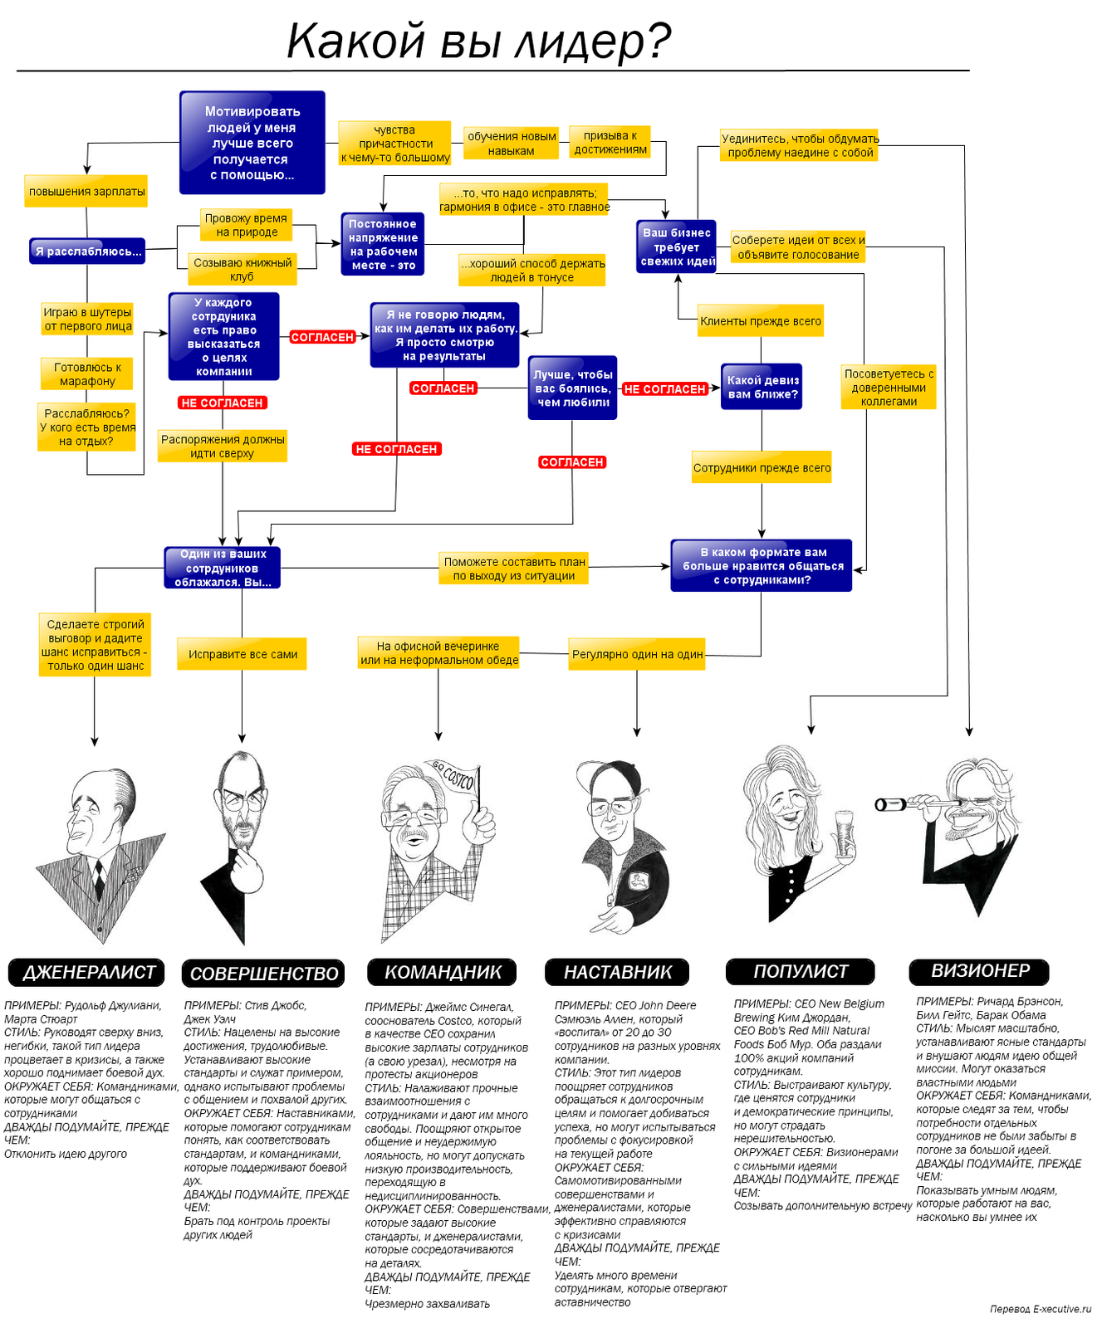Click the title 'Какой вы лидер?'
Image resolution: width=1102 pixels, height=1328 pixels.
coord(478,41)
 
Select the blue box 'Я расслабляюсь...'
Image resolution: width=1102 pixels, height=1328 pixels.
coord(87,251)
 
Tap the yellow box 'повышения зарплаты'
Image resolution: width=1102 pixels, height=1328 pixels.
coord(86,192)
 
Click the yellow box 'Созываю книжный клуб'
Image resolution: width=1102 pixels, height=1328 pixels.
coord(242,269)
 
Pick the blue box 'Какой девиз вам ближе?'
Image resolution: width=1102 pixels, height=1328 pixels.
coord(762,387)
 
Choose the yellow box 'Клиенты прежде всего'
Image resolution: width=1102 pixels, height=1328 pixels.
coord(760,321)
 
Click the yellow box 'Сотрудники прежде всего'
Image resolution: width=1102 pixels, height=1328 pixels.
coord(762,468)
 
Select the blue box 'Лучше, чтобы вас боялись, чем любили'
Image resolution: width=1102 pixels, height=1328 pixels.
coord(572,388)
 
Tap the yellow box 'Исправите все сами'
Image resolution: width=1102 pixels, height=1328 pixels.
coord(242,654)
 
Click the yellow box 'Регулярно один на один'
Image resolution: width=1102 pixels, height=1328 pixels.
coord(637,654)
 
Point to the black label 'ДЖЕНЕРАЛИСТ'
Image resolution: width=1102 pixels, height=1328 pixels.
coord(89,972)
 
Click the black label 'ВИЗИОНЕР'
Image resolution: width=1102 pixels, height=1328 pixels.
coord(979,970)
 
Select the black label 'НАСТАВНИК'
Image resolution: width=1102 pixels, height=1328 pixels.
coord(618,972)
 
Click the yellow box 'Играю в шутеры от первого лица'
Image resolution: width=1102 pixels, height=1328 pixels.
coord(87,320)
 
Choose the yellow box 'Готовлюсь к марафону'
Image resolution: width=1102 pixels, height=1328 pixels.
coord(87,374)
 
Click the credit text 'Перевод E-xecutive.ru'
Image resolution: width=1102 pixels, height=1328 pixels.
coord(1040,1309)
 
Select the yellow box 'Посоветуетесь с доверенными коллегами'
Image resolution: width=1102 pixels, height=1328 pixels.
coord(889,388)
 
